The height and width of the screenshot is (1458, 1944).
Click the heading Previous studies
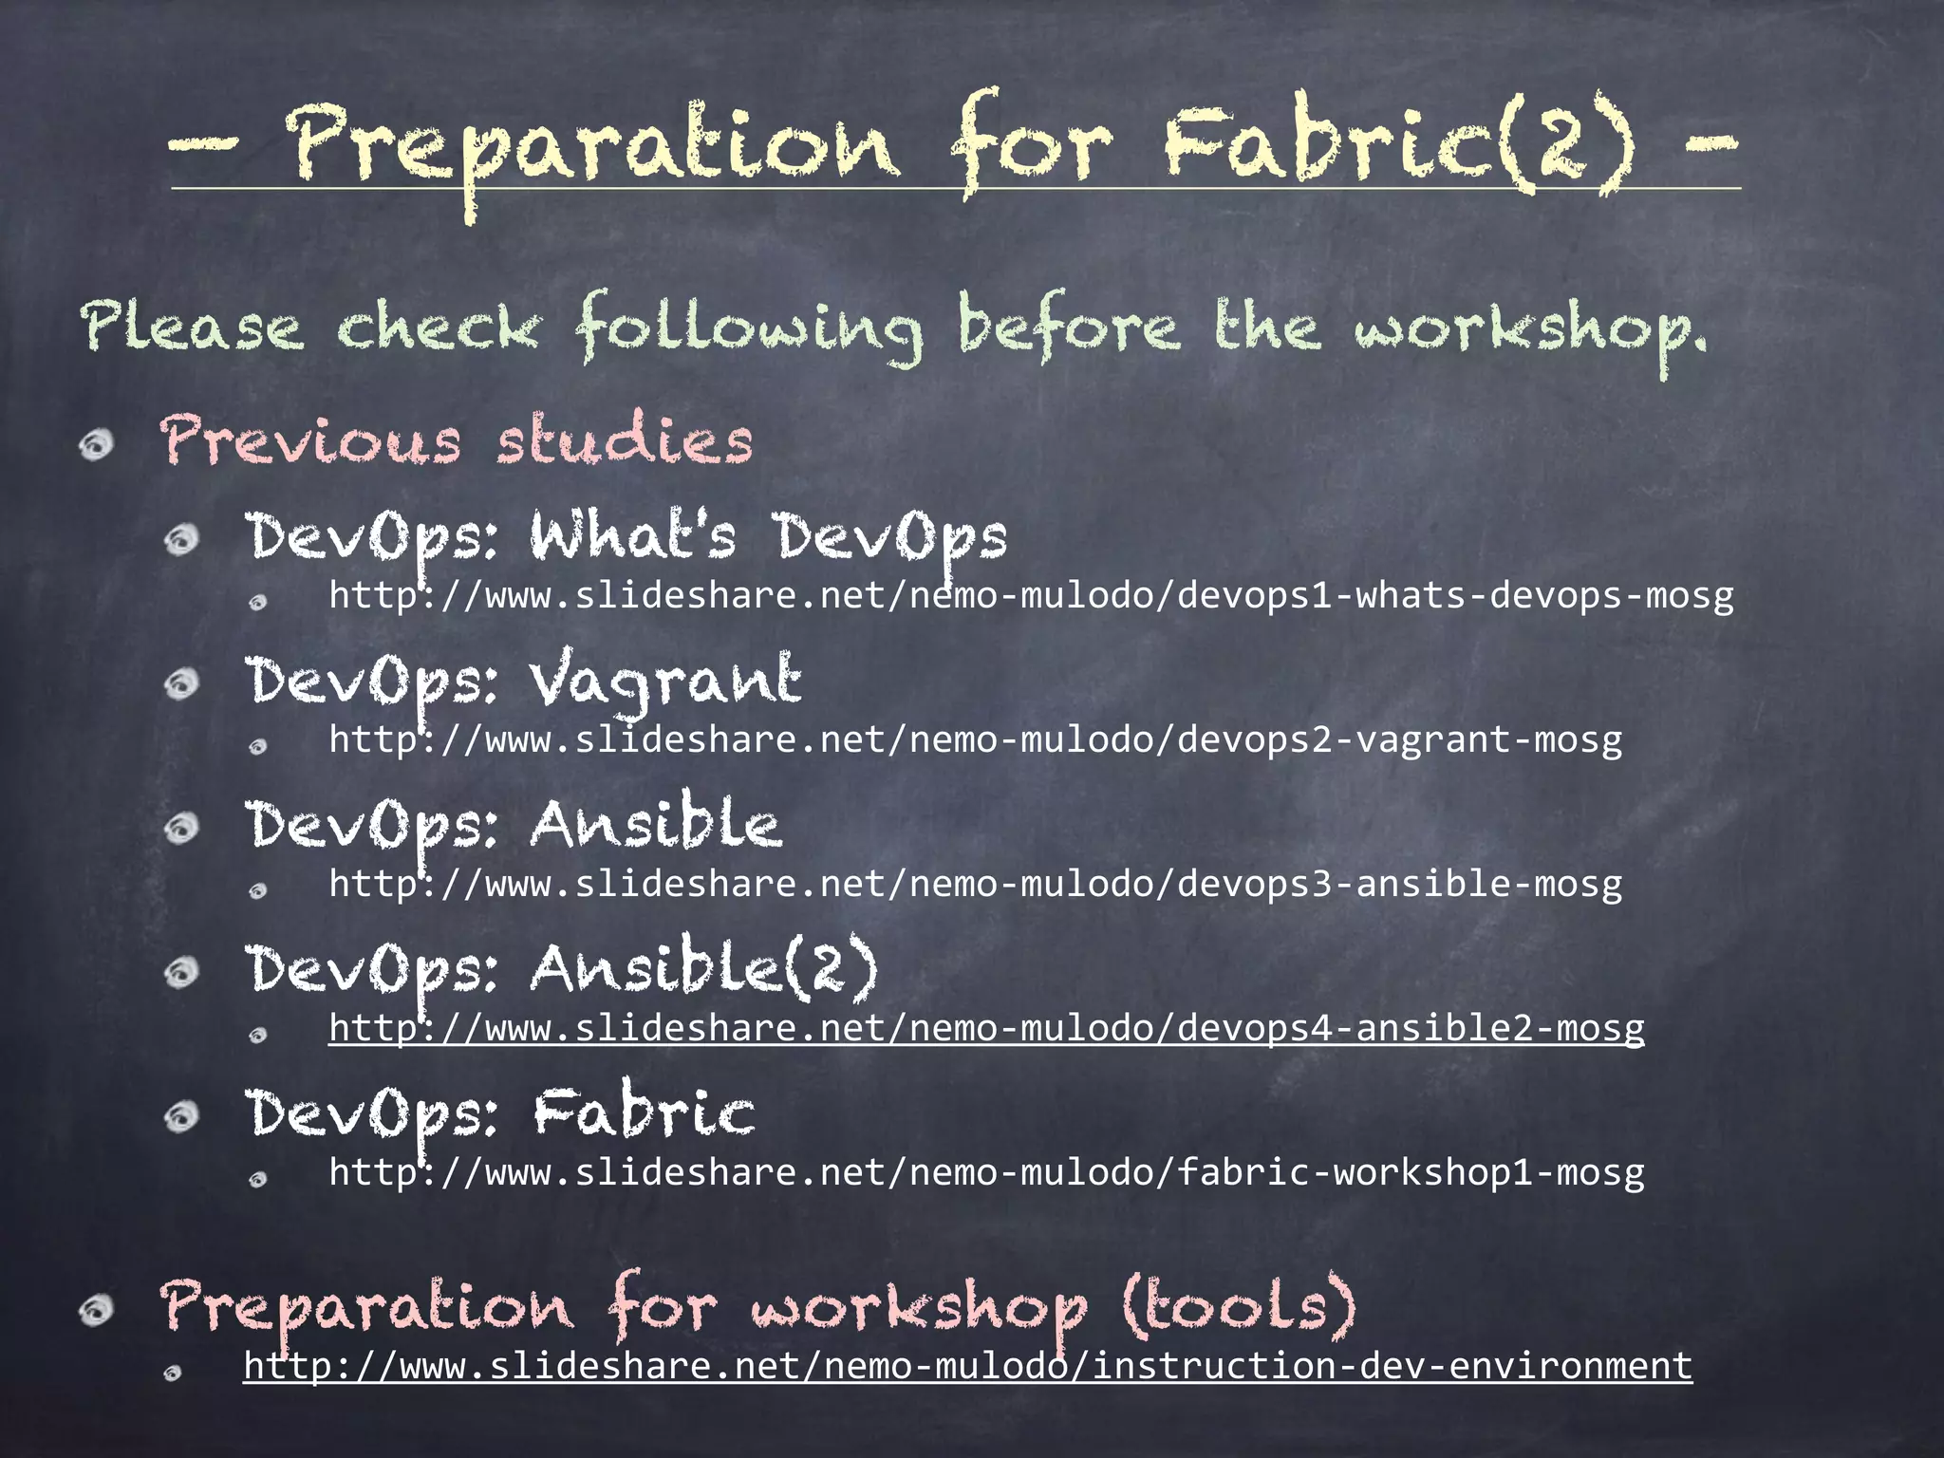(457, 441)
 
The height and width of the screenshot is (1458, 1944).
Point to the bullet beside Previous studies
(96, 444)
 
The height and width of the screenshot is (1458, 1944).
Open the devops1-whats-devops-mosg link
(1031, 596)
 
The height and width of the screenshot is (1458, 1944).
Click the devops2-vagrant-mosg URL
(975, 740)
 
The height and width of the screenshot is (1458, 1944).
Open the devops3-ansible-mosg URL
(975, 885)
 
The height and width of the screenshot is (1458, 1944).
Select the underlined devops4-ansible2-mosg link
(986, 1029)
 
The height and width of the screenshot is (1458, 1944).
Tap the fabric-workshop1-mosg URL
(986, 1173)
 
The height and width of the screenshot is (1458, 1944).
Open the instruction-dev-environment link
(967, 1367)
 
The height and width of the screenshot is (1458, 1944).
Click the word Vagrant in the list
(665, 682)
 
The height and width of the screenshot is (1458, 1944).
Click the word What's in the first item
(633, 535)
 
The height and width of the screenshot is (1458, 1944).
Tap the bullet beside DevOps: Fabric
(181, 1116)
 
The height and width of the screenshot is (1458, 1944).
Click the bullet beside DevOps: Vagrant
(181, 683)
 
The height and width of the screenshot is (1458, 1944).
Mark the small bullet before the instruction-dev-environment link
(172, 1373)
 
